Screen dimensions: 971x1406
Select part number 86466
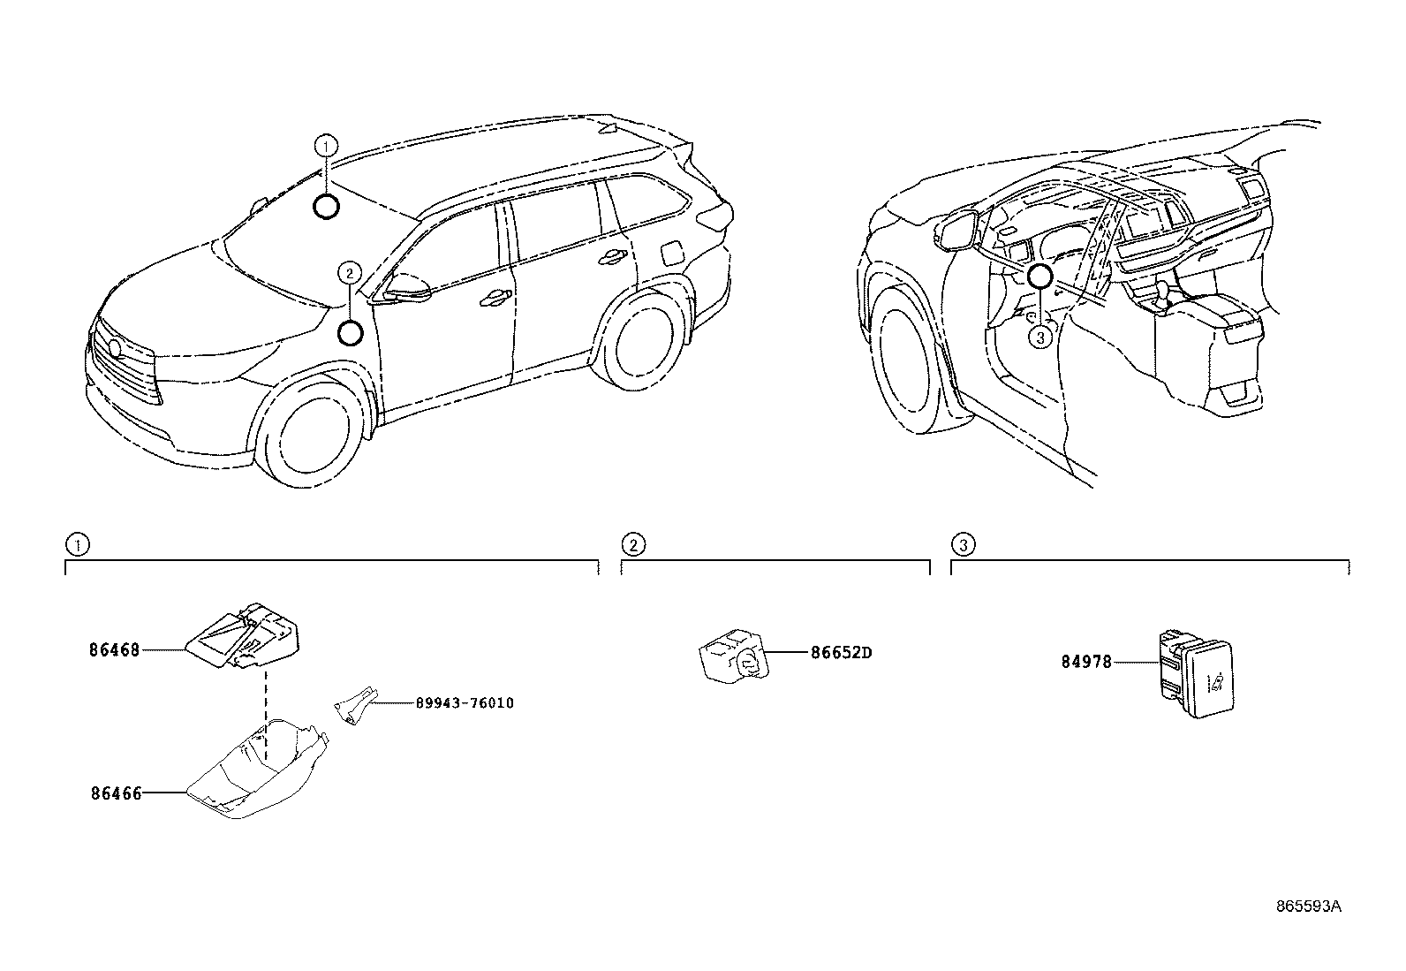point(116,794)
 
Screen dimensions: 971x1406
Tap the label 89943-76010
point(464,703)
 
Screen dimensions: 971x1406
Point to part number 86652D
point(841,654)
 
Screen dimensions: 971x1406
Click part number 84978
point(1086,661)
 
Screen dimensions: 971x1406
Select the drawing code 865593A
point(1308,907)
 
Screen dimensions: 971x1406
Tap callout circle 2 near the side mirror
point(350,273)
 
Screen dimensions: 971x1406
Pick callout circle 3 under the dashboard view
point(1040,337)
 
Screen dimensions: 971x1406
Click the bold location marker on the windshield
point(326,207)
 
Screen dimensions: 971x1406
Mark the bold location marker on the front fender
point(351,333)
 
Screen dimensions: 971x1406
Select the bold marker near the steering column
point(1039,277)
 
